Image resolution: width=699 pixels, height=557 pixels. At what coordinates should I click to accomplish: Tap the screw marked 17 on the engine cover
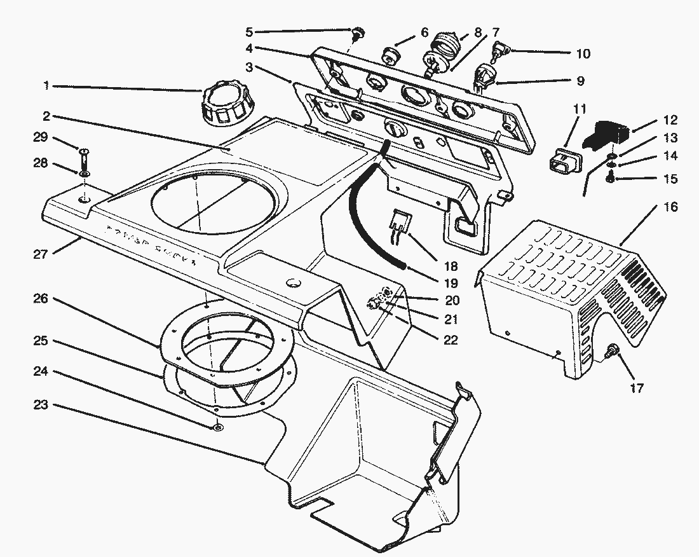[x=614, y=350]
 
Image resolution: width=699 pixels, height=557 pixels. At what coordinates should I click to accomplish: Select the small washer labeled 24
[x=218, y=427]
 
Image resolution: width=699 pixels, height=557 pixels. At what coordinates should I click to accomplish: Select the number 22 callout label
[x=450, y=340]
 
